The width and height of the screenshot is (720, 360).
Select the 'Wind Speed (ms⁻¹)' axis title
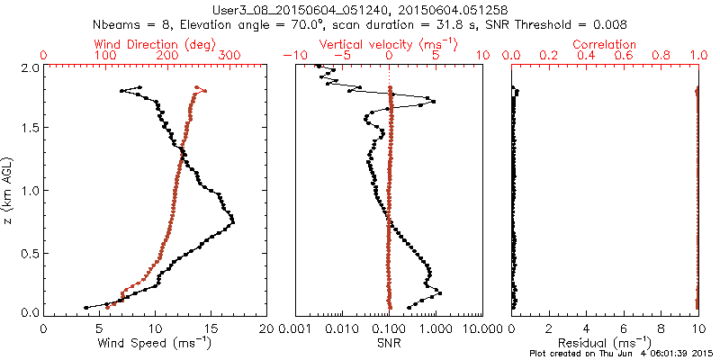coord(155,343)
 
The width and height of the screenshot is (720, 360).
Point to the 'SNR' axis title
coord(389,343)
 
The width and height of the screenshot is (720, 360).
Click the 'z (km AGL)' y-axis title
coord(10,190)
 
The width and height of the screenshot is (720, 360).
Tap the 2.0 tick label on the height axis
coord(29,67)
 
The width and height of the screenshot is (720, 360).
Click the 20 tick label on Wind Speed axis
coord(267,329)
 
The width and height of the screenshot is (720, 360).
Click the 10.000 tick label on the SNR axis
coord(482,329)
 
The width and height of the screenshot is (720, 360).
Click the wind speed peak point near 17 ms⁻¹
coord(233,220)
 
